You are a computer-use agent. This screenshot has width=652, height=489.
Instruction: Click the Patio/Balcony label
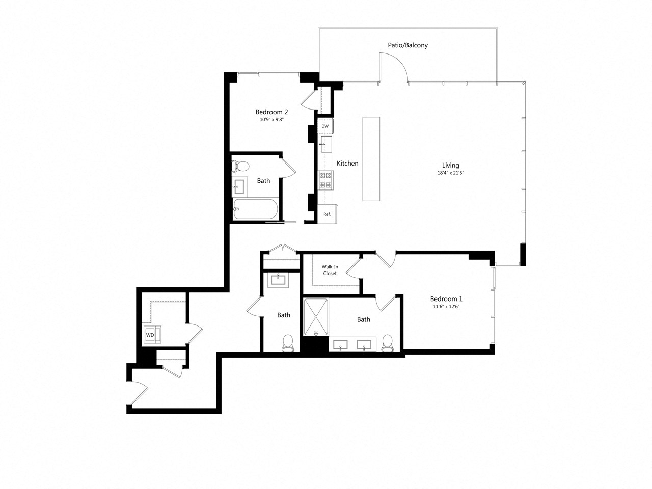407,45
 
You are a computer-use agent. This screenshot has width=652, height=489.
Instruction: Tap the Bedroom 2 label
271,112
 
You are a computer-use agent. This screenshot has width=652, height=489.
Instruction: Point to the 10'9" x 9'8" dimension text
271,120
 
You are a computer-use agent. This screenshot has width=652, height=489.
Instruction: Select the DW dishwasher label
325,126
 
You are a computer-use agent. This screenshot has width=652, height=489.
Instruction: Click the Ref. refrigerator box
327,214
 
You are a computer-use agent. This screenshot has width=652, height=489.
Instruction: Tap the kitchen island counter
371,159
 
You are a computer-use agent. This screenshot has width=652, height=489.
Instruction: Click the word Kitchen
347,164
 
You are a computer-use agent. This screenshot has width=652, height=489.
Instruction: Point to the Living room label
450,165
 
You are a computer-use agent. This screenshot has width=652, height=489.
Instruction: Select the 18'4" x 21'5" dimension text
450,173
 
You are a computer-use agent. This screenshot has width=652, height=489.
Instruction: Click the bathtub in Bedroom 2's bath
255,209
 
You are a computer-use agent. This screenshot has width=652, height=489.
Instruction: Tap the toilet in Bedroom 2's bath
240,166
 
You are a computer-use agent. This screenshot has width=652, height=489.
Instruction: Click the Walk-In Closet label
330,270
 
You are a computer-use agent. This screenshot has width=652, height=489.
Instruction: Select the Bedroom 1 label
446,299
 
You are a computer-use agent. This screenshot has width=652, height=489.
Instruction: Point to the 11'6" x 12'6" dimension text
446,307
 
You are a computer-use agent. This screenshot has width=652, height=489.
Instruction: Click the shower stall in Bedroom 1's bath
316,317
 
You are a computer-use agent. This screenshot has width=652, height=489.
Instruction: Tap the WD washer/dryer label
150,335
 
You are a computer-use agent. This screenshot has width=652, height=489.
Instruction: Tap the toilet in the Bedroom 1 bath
388,342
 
